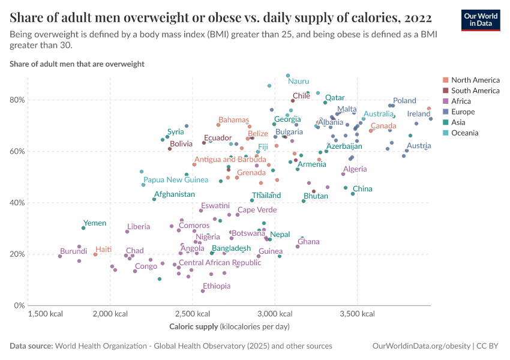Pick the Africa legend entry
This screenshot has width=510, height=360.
tap(461, 101)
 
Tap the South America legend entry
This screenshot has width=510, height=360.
tap(475, 91)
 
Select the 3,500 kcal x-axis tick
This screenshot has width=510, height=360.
tap(357, 314)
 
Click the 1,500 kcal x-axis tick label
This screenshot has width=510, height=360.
tap(46, 314)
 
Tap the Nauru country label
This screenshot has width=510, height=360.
tap(298, 81)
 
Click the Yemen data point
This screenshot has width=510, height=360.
tap(83, 228)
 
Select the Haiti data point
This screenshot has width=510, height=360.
tap(95, 254)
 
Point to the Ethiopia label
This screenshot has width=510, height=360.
tap(217, 286)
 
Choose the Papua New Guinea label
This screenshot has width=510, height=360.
tap(176, 179)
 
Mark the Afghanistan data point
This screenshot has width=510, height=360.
tap(154, 199)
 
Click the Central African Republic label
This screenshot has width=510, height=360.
tap(220, 263)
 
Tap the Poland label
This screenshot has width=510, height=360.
tap(404, 101)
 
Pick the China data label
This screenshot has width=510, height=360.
tap(362, 189)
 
